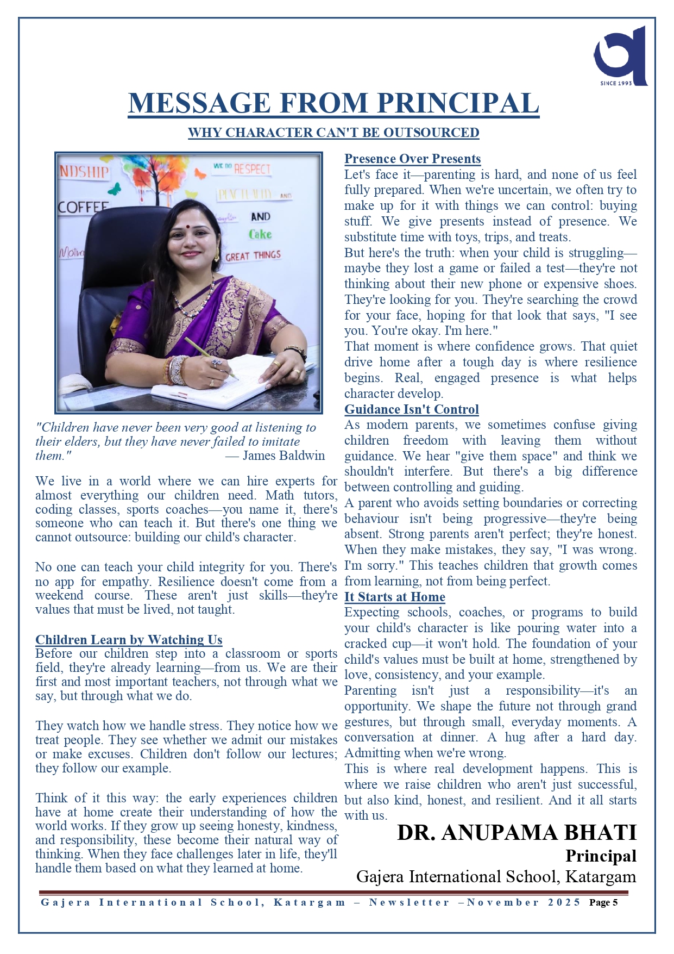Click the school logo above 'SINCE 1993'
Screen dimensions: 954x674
(620, 54)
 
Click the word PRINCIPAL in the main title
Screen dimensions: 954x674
(458, 103)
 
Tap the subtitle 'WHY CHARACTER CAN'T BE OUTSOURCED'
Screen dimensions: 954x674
(333, 133)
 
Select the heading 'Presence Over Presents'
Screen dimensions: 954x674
(412, 159)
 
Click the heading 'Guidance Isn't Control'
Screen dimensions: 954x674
(411, 409)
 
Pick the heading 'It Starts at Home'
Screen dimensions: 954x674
(394, 597)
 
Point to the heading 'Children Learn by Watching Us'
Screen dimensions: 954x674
(129, 639)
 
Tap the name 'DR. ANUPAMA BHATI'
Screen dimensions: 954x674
(516, 833)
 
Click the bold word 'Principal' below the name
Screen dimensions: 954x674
(601, 856)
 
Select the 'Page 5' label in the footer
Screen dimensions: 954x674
(603, 902)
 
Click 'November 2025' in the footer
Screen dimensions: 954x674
(524, 902)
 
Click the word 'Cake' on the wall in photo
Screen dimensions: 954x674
(260, 234)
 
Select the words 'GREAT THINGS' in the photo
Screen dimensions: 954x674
(253, 255)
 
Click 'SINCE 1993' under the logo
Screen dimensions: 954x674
(616, 83)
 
